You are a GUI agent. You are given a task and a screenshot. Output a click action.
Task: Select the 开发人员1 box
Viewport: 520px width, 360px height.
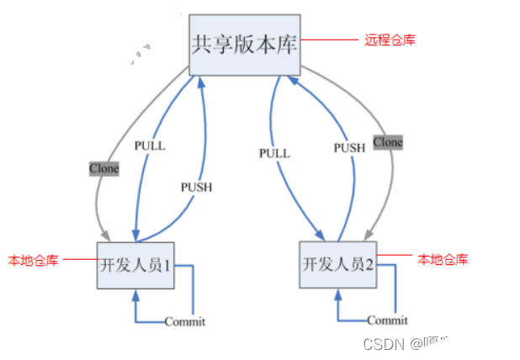pyautogui.click(x=135, y=264)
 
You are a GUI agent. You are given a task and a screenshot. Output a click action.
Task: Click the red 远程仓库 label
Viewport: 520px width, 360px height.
pyautogui.click(x=390, y=40)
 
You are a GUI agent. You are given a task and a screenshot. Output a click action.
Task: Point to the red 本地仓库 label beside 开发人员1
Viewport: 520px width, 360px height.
pyautogui.click(x=34, y=261)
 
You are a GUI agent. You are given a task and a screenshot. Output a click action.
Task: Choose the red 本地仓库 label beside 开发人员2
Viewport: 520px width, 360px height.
pyautogui.click(x=443, y=259)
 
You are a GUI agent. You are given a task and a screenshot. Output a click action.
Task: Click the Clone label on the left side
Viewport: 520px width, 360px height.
pyautogui.click(x=104, y=168)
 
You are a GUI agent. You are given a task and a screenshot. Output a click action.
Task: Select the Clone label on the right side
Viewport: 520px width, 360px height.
pyautogui.click(x=388, y=142)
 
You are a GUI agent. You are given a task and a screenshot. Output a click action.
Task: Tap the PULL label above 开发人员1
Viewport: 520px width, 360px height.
pyautogui.click(x=150, y=145)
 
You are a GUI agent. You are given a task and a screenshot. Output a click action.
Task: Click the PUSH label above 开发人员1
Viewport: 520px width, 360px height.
pyautogui.click(x=197, y=186)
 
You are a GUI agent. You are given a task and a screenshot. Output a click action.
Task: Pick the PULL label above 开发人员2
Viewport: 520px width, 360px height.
pyautogui.click(x=274, y=153)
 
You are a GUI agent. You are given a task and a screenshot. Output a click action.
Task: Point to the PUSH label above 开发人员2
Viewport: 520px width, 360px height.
pyautogui.click(x=349, y=147)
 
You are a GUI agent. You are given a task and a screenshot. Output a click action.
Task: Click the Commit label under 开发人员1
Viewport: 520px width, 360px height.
pyautogui.click(x=185, y=321)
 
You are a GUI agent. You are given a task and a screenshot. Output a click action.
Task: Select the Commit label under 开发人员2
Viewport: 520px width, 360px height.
pyautogui.click(x=388, y=320)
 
